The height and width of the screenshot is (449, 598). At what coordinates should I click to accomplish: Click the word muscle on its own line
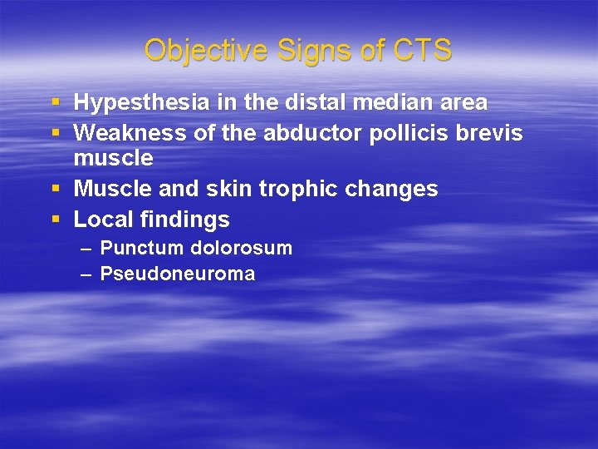tap(114, 158)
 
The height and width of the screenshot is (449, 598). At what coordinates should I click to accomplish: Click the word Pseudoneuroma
tap(178, 274)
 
